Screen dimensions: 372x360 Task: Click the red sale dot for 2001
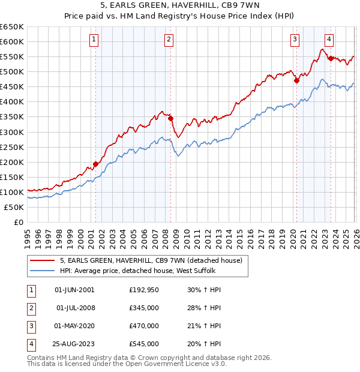95,164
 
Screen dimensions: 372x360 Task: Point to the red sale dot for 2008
170,118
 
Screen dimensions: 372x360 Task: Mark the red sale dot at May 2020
296,80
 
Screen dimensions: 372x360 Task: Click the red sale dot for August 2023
331,58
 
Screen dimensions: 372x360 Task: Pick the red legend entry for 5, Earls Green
150,260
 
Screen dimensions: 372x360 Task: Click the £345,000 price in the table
144,308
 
